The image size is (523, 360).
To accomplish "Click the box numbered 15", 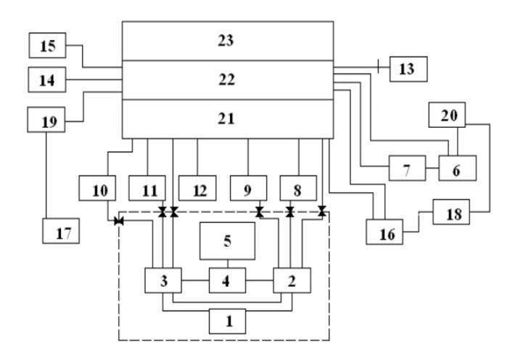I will point(46,46).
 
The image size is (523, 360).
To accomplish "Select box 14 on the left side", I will point(46,80).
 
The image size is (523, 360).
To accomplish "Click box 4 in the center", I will point(228,279).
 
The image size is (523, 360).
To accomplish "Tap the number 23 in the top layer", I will point(226,41).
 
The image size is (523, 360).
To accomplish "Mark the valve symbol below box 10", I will point(118,221).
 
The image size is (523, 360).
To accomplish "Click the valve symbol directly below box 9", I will point(259,212).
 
